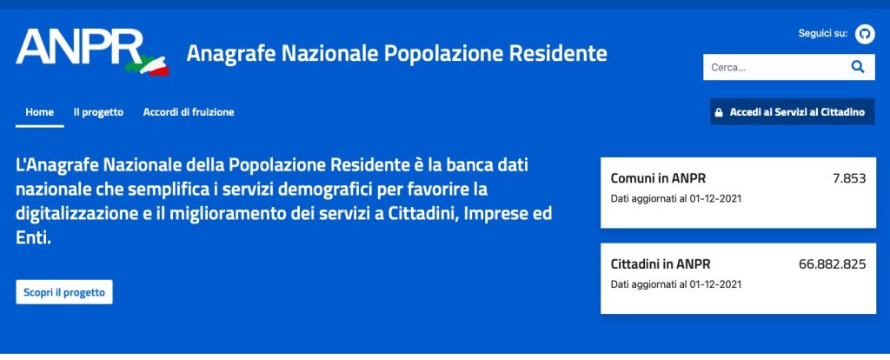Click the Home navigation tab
[40, 112]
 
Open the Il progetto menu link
[98, 112]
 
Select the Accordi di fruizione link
[189, 112]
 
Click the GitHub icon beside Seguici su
[865, 34]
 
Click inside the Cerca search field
[773, 67]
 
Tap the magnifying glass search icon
[858, 67]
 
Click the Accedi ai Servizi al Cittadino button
[793, 112]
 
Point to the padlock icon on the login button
[719, 112]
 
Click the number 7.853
[849, 178]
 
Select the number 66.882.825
[832, 264]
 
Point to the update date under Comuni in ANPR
[676, 199]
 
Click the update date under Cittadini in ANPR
[676, 284]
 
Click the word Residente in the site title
[558, 53]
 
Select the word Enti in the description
[34, 238]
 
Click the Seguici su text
[823, 34]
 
